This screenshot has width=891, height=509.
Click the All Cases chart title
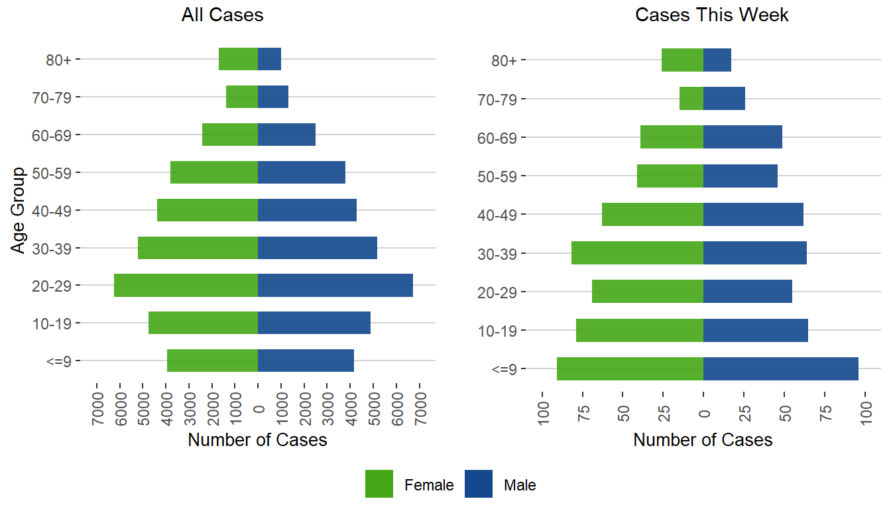point(222,15)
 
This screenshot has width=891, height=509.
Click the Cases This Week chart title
point(711,15)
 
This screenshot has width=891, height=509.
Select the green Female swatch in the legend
point(379,484)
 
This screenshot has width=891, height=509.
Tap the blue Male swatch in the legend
point(479,484)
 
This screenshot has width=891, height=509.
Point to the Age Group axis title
point(19,210)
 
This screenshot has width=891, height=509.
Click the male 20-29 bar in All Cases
point(335,286)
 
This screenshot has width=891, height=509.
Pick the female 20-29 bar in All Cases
point(186,286)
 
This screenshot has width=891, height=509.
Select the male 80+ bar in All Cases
point(269,59)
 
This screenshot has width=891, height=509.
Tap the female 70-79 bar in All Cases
point(242,97)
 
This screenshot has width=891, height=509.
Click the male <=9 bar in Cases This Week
point(780,369)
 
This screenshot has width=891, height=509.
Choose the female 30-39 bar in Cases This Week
point(637,253)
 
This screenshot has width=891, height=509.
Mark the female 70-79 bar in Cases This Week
point(691,99)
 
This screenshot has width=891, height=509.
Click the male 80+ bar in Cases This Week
point(717,60)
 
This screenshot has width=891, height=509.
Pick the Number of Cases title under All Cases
point(257,440)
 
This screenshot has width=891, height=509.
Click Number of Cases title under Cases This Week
point(703,440)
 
